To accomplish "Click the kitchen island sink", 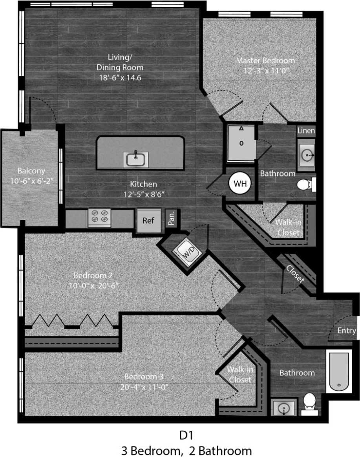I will click(x=136, y=159).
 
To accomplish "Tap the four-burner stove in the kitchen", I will click(x=99, y=217).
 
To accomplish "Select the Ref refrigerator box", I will click(x=148, y=221).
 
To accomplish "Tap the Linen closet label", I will click(x=306, y=130).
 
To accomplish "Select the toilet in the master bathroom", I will click(x=306, y=185).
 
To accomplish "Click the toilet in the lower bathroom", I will click(x=310, y=403).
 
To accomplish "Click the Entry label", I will click(x=347, y=331).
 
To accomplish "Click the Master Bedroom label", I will click(x=265, y=60).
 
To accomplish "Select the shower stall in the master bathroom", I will click(x=241, y=143).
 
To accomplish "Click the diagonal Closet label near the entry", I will click(x=295, y=274).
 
